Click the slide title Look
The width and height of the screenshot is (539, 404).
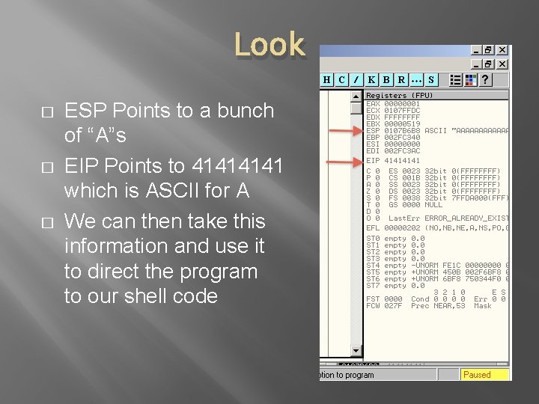point(269,45)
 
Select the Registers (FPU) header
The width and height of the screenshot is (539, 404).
point(399,96)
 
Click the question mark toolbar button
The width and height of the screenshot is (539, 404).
point(486,79)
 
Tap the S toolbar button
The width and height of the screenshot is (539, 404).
point(430,79)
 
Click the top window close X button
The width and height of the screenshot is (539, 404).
point(502,50)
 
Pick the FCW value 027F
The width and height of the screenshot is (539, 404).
point(394,306)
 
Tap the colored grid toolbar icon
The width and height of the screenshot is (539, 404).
point(471,79)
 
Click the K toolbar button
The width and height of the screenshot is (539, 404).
point(372,79)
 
